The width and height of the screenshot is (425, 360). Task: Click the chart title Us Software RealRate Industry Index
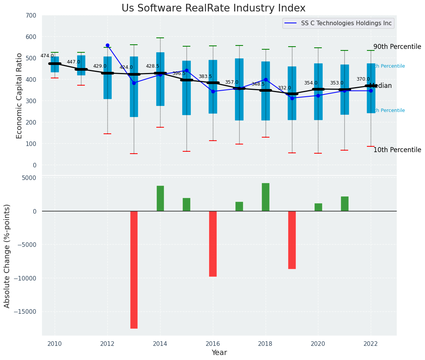click(x=213, y=8)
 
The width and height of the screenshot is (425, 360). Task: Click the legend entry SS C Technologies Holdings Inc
click(x=346, y=23)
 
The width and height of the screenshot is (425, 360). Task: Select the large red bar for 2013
click(x=134, y=269)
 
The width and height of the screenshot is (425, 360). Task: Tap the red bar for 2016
click(x=213, y=243)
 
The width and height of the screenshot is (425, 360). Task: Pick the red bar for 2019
click(x=292, y=240)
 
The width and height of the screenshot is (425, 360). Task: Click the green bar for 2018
click(x=266, y=197)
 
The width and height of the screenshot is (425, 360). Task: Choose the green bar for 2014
click(x=160, y=198)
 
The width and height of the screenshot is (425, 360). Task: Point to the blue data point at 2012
click(x=107, y=45)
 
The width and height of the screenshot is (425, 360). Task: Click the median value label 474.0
click(x=47, y=56)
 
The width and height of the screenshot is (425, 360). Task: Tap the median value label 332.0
click(x=284, y=88)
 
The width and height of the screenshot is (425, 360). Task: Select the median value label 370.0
click(x=363, y=79)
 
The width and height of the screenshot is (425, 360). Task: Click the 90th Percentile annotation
click(x=397, y=47)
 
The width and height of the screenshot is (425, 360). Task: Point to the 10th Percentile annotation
click(x=397, y=150)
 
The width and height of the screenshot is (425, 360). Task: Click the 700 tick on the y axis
click(x=31, y=16)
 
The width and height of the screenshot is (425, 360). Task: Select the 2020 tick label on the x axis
click(x=318, y=344)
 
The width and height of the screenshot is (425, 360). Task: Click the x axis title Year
click(x=219, y=353)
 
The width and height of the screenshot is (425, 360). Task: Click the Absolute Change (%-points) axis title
click(x=7, y=256)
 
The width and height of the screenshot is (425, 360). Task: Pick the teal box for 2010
click(x=55, y=65)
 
